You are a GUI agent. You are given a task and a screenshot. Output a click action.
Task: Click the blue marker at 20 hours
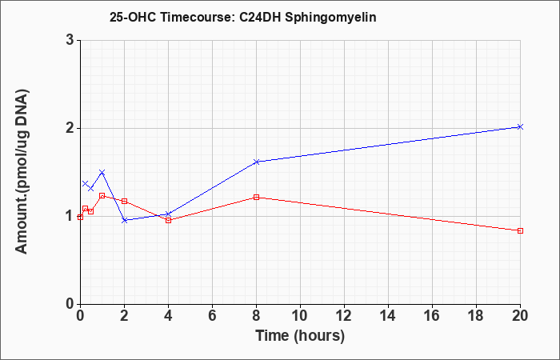point(520,126)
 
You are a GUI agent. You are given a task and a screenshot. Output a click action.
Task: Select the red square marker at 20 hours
point(520,230)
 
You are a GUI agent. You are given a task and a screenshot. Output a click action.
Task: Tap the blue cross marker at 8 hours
point(256,162)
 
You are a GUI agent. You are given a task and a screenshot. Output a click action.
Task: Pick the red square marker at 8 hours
point(256,197)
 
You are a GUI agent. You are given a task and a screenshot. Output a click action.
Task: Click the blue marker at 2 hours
point(124,220)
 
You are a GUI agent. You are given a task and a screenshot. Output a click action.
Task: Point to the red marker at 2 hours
point(124,201)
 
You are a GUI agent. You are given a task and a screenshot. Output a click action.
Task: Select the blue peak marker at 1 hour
point(102,173)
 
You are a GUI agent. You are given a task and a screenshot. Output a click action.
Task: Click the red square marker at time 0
point(80,217)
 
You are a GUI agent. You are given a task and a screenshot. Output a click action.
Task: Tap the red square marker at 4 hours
point(168,220)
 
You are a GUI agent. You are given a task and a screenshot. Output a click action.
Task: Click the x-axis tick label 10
point(300,316)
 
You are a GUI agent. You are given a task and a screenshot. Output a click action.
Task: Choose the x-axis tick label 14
point(388,316)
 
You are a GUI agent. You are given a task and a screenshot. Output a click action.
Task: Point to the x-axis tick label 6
point(212,316)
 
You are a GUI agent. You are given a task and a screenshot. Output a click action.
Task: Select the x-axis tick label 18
point(476,316)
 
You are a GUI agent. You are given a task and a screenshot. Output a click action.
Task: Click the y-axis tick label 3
point(70,40)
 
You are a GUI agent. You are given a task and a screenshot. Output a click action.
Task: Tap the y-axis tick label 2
point(70,128)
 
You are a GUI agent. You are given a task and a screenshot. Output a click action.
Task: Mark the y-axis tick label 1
point(70,216)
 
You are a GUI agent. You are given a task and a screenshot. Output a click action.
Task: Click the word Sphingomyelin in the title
point(330,18)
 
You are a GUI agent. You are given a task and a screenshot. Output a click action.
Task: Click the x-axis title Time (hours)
point(300,336)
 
